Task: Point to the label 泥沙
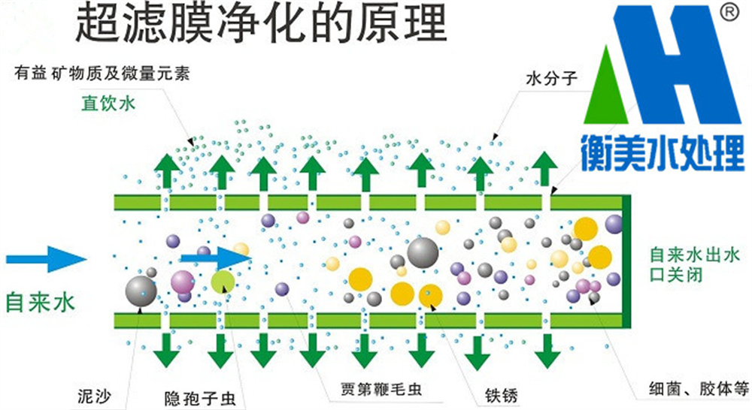(94, 393)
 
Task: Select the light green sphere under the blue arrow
(223, 282)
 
